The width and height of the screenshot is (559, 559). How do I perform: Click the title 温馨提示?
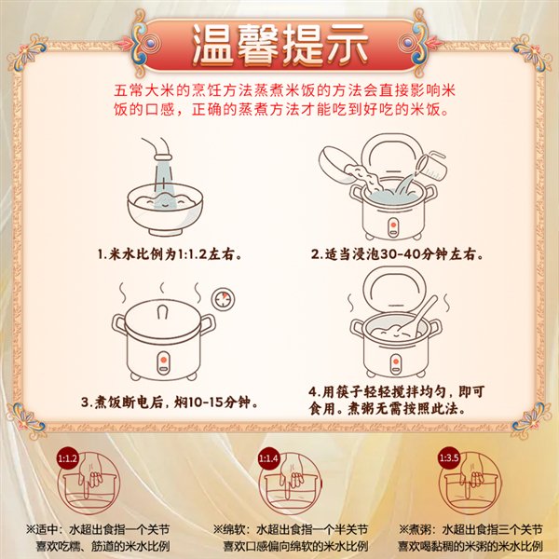click(x=279, y=46)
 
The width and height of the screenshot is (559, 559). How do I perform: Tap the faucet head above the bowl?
click(x=163, y=157)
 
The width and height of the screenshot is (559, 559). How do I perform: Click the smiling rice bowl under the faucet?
click(x=165, y=210)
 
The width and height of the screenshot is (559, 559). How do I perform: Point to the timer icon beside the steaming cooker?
click(x=224, y=299)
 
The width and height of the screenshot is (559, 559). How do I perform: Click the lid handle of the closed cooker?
click(x=162, y=313)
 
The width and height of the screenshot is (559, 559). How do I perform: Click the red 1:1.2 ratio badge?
click(x=67, y=458)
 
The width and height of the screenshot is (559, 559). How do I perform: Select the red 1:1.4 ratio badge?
click(x=268, y=458)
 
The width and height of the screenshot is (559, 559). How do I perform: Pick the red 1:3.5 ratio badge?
click(x=448, y=457)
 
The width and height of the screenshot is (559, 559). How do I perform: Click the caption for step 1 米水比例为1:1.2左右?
click(x=170, y=254)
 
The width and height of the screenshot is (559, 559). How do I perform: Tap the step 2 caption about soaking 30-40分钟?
click(x=398, y=254)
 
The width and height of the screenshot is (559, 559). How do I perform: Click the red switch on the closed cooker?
click(x=163, y=360)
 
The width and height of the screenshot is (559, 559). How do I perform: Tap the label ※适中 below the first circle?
click(x=44, y=529)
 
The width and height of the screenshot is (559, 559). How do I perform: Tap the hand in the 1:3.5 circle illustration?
click(x=471, y=473)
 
